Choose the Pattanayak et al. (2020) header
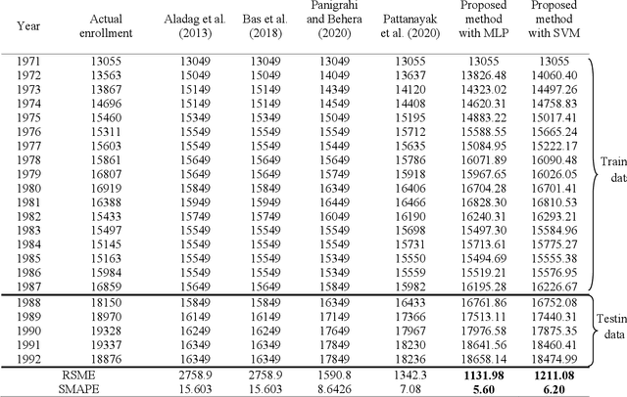coord(408,25)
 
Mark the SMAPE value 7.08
coord(408,387)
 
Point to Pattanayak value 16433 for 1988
coord(408,304)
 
